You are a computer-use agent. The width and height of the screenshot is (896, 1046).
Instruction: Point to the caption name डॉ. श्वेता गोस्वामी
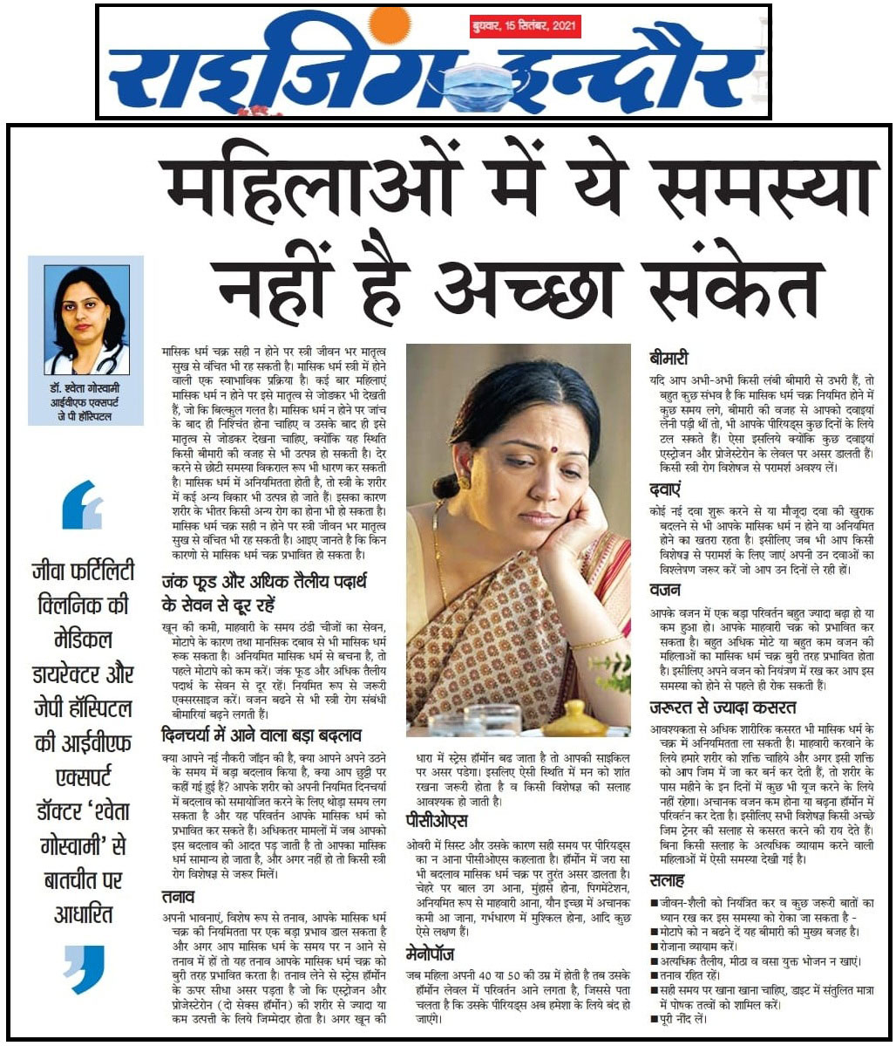[x=85, y=388]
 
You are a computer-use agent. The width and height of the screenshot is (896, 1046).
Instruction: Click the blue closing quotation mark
[x=85, y=968]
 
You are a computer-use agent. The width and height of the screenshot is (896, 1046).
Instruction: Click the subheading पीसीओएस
[x=438, y=821]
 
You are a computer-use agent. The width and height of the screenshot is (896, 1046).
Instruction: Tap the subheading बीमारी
[x=669, y=358]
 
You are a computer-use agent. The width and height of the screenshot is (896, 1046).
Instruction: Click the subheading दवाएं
[x=667, y=489]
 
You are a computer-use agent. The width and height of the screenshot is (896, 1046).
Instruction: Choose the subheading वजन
[x=665, y=591]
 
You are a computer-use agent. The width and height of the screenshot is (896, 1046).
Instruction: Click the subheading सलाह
[x=668, y=880]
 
